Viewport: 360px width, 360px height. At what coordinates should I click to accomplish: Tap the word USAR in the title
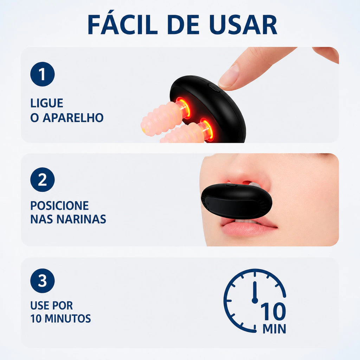point(243,25)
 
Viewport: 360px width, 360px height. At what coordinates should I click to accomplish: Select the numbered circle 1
point(43,74)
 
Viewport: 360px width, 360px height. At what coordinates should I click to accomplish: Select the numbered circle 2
point(43,180)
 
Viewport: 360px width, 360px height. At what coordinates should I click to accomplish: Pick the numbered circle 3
point(43,281)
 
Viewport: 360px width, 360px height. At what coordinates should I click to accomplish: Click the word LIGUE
point(47,103)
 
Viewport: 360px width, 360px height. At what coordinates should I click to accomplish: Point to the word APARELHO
point(73,117)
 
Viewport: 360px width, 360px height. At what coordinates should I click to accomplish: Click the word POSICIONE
point(59,205)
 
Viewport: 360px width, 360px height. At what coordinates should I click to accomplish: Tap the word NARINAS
point(81,219)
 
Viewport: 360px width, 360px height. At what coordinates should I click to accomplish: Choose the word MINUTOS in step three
point(68,319)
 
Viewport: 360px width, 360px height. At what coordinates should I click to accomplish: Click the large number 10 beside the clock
point(273,311)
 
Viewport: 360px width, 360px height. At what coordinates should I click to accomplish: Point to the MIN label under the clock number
point(274,329)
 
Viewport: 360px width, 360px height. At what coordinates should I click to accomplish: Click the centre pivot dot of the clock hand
point(255,300)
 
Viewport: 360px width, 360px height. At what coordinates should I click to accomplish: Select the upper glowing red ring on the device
point(183,108)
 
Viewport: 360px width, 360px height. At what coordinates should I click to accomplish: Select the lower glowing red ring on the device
point(207,130)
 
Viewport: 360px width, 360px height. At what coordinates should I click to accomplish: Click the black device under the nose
point(237,201)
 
